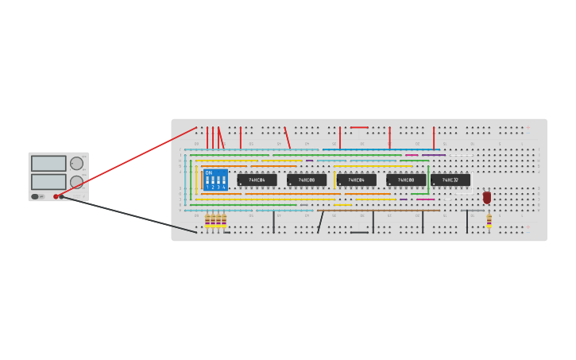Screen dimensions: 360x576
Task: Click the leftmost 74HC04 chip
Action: coord(257,180)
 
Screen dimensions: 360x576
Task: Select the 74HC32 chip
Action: coord(450,180)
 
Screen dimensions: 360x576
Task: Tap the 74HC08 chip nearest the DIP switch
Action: coord(307,180)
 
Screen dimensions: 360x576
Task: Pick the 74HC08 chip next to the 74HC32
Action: coord(406,180)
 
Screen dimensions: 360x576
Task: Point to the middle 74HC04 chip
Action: coord(356,180)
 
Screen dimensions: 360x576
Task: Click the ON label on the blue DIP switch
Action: coord(209,172)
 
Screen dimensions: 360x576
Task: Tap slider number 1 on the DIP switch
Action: coord(207,180)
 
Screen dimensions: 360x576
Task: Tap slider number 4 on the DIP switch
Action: coord(224,180)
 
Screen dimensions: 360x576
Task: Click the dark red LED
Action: coord(487,197)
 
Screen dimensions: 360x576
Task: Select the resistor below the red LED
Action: coord(489,220)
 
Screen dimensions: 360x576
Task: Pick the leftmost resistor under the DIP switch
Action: coord(207,220)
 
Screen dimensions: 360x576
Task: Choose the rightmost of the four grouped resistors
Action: coord(224,220)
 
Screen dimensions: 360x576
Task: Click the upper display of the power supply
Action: coord(48,163)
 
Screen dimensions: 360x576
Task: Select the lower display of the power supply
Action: coord(48,181)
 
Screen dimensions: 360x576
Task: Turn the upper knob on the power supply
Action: coord(76,164)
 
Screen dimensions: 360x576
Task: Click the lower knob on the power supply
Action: coord(76,182)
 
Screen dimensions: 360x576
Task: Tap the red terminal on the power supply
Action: coord(56,196)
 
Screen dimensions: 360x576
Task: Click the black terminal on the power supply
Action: coord(61,196)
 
